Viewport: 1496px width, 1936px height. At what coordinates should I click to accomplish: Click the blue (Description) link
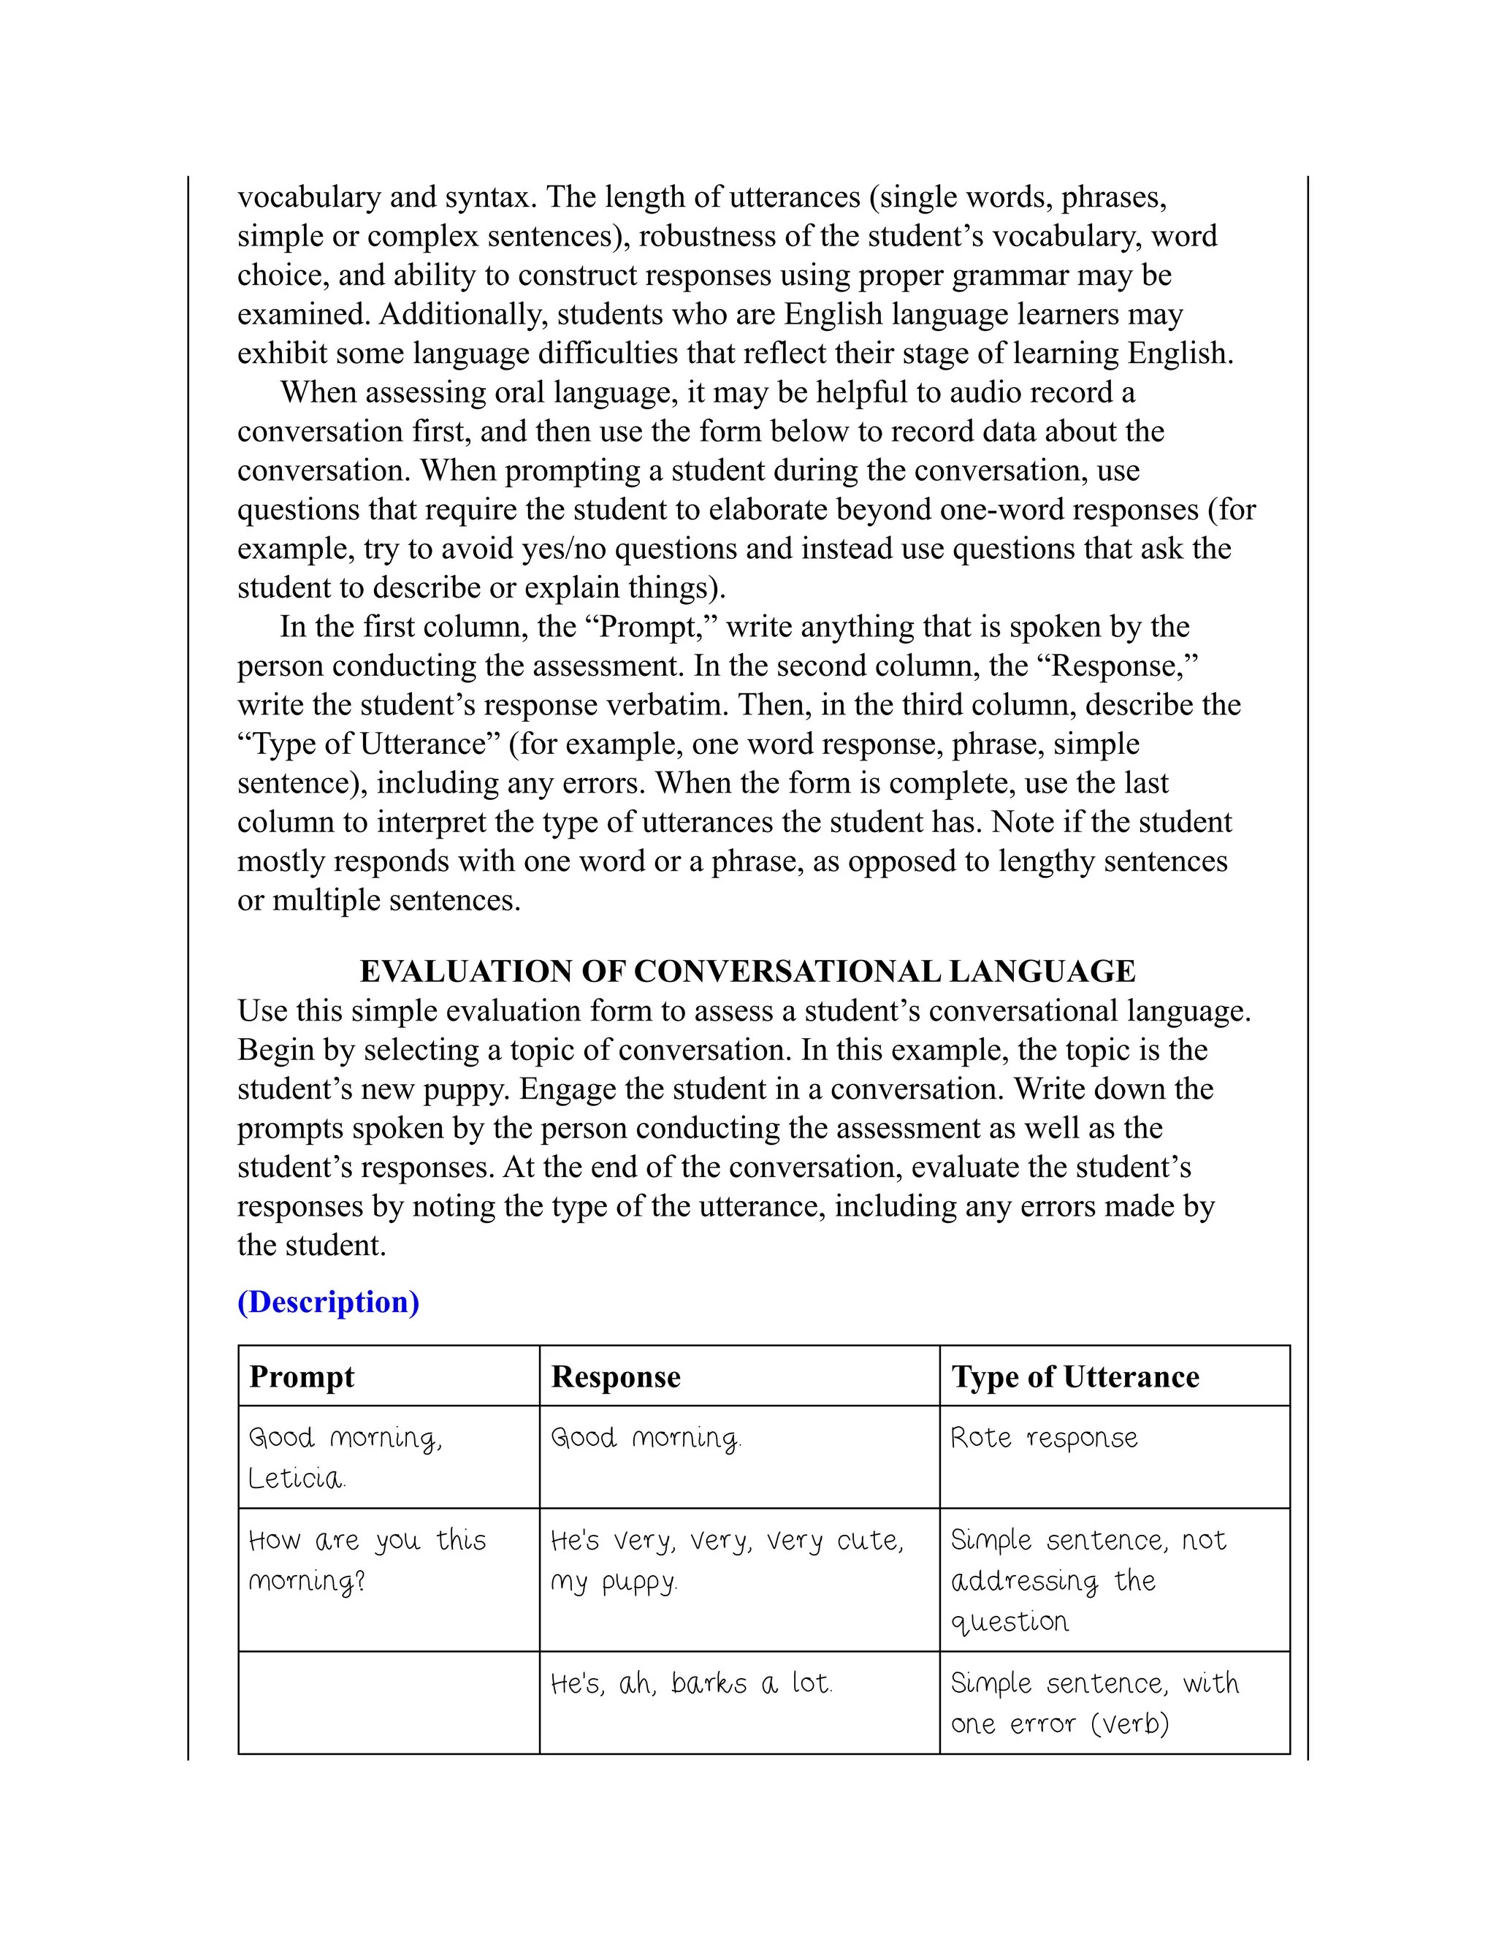click(x=328, y=1302)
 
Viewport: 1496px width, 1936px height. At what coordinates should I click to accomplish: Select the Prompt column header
click(x=302, y=1376)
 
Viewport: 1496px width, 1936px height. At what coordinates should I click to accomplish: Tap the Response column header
click(x=616, y=1376)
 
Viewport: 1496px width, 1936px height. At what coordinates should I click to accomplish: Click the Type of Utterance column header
click(x=1075, y=1376)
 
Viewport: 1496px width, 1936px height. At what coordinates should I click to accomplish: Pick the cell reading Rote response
click(x=1044, y=1438)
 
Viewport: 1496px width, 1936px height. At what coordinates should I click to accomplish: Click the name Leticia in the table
click(x=296, y=1479)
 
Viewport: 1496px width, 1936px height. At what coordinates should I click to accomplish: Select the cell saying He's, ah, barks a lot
click(x=691, y=1683)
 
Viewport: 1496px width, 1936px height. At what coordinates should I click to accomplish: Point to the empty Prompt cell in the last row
click(x=388, y=1703)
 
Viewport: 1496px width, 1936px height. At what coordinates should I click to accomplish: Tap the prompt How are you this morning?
click(x=367, y=1560)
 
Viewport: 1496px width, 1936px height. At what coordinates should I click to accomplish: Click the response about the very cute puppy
click(x=727, y=1560)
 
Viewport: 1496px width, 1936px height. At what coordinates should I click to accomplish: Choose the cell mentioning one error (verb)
click(x=1060, y=1724)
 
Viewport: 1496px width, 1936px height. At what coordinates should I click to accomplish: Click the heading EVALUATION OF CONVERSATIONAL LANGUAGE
click(x=747, y=972)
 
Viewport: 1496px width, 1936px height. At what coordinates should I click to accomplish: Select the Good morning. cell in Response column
click(x=645, y=1438)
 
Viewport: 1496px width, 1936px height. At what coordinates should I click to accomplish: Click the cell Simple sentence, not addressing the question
click(x=1088, y=1580)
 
